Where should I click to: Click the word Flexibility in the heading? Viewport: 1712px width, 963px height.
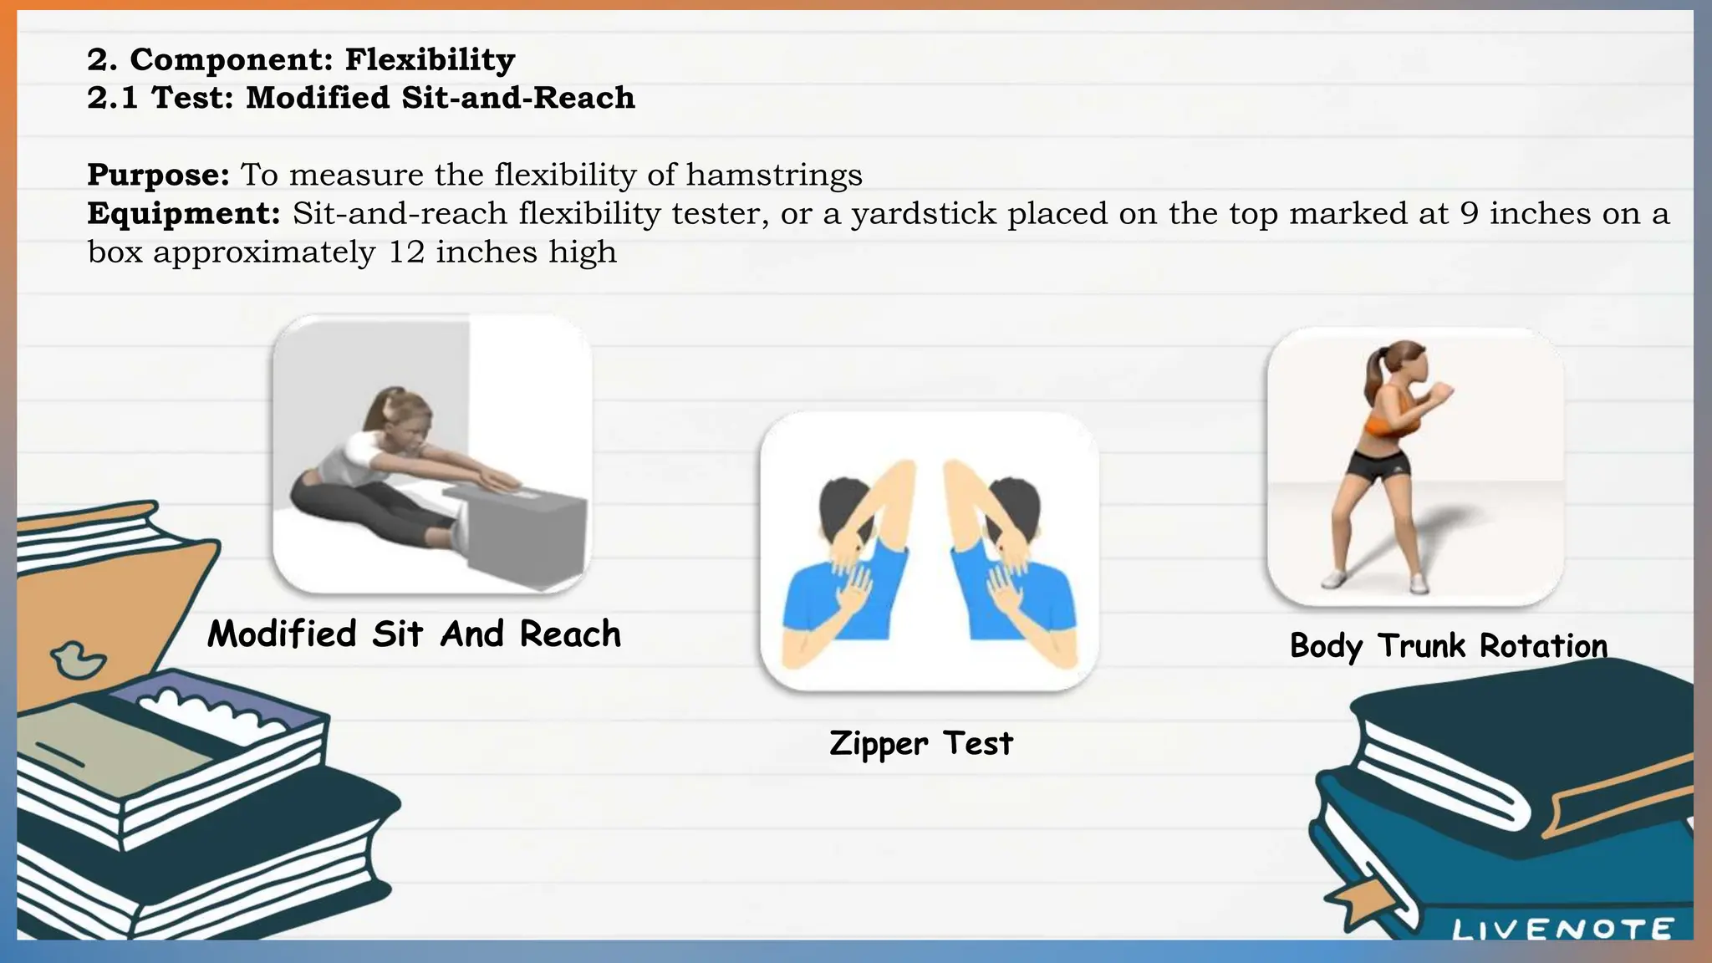tap(430, 60)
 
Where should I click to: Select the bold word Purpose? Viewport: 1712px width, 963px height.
tap(158, 176)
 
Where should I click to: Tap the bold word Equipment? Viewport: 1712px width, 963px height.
tap(183, 214)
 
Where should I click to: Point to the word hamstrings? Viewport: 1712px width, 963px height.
tap(774, 176)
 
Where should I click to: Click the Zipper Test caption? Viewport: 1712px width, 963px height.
tap(920, 743)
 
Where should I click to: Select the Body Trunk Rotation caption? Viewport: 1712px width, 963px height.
tap(1448, 646)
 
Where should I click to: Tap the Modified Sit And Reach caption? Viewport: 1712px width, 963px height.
tap(414, 634)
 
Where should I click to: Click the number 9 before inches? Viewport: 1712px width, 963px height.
tap(1469, 214)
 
